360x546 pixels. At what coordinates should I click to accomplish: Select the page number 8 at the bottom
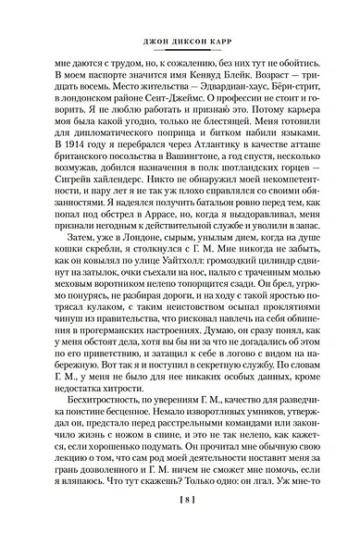tap(180, 521)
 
